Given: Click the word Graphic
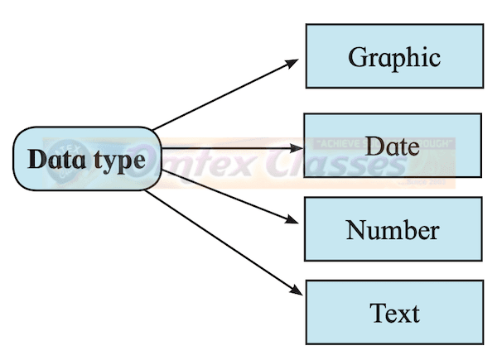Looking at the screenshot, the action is click(393, 57).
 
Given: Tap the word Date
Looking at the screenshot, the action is click(392, 146).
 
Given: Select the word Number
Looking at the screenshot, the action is click(393, 229).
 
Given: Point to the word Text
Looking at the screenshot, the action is click(394, 314).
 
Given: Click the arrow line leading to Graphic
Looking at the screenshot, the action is click(224, 95).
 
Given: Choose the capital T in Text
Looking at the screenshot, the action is click(378, 313).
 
